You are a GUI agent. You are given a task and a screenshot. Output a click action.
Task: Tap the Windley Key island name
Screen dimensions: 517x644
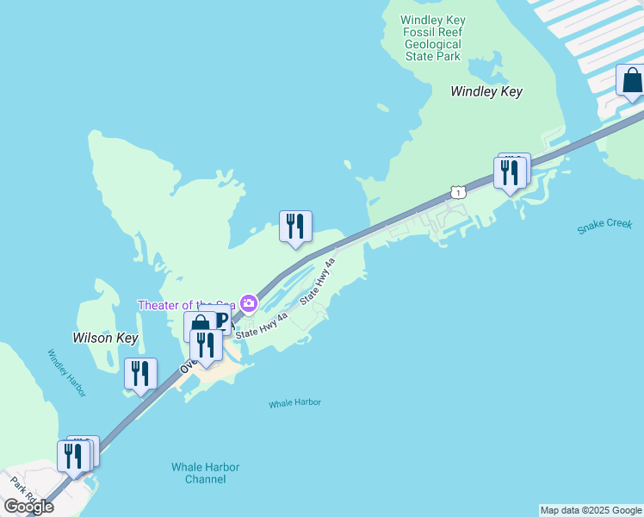pyautogui.click(x=486, y=91)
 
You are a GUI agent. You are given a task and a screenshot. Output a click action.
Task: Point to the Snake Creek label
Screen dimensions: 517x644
pyautogui.click(x=604, y=226)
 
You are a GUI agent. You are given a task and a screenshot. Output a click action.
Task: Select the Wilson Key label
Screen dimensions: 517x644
pyautogui.click(x=105, y=339)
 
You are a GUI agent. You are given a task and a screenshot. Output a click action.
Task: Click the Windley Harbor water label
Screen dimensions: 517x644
pyautogui.click(x=66, y=373)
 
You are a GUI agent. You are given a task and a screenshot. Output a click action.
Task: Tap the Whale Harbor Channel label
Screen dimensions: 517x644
pyautogui.click(x=205, y=473)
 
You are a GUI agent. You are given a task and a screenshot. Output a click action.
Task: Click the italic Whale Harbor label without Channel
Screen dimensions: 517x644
pyautogui.click(x=294, y=402)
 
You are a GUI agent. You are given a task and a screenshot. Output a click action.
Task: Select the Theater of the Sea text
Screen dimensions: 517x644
pyautogui.click(x=186, y=305)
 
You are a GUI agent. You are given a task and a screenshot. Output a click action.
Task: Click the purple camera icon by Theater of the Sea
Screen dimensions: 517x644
pyautogui.click(x=249, y=302)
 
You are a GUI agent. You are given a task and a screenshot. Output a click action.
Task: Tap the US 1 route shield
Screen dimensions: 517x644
pyautogui.click(x=459, y=192)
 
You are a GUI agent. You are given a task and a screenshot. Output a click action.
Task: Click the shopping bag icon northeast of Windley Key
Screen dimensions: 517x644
pyautogui.click(x=632, y=80)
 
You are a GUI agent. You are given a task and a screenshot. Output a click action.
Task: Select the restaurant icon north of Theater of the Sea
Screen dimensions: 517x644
pyautogui.click(x=295, y=227)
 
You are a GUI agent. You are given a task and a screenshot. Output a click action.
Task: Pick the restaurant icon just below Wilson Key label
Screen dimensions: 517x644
pyautogui.click(x=140, y=374)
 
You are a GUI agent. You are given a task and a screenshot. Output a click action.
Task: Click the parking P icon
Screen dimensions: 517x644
pyautogui.click(x=221, y=320)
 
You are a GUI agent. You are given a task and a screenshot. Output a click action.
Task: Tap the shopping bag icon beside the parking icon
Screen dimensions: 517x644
pyautogui.click(x=199, y=324)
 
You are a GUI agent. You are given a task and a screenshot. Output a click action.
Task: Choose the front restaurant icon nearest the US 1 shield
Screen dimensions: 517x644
pyautogui.click(x=510, y=172)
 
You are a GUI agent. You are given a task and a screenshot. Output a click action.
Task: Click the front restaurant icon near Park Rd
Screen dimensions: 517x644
pyautogui.click(x=73, y=456)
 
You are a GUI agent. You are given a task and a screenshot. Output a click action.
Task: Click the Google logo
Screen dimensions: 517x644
pyautogui.click(x=29, y=506)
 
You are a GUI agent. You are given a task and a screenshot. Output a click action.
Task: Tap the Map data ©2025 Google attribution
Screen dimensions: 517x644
pyautogui.click(x=591, y=510)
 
